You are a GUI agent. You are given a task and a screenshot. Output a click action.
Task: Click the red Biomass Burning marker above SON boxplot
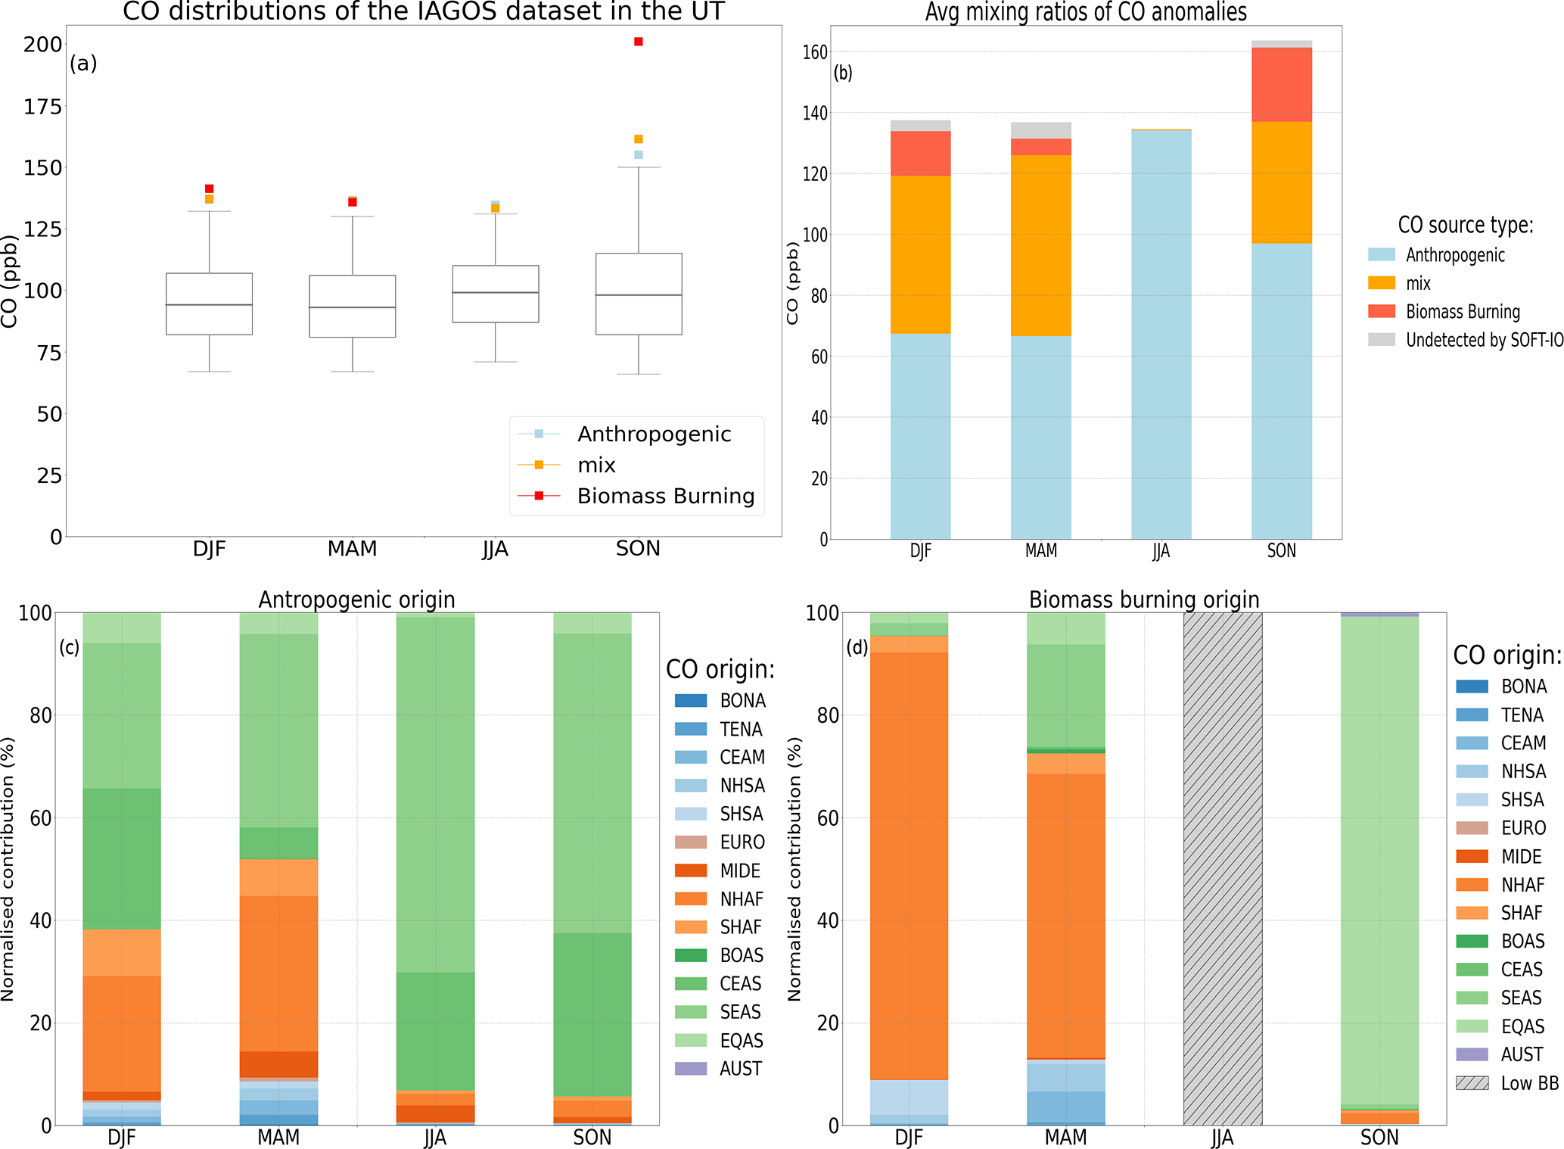click(x=639, y=42)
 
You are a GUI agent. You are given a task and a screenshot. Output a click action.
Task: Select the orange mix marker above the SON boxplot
click(x=639, y=139)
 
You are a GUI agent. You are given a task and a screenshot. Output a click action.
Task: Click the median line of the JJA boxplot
click(x=496, y=293)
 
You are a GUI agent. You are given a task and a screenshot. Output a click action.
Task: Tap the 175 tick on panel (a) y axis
click(x=42, y=107)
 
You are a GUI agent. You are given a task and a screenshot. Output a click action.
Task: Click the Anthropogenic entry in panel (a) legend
click(x=654, y=434)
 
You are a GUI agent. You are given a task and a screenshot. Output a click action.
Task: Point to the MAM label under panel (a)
click(x=352, y=549)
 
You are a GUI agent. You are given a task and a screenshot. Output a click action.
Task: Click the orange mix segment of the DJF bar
click(x=920, y=254)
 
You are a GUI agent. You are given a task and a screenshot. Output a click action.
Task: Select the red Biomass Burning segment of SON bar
click(x=1281, y=85)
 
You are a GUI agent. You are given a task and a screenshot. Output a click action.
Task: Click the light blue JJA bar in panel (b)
click(x=1161, y=333)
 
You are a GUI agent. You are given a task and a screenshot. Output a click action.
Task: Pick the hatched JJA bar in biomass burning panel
click(x=1222, y=868)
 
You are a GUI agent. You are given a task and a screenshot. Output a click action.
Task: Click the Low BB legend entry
click(x=1529, y=1083)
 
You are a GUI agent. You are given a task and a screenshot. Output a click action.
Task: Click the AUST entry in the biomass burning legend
click(x=1522, y=1054)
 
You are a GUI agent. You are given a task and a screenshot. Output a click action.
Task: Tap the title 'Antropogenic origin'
click(x=356, y=599)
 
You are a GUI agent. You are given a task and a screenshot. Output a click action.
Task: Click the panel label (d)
click(x=857, y=648)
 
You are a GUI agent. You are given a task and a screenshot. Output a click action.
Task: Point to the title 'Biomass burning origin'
click(x=1143, y=599)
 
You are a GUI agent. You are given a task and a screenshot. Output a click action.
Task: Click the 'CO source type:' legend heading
click(x=1465, y=225)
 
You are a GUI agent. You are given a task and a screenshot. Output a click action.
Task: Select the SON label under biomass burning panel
click(x=1379, y=1138)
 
